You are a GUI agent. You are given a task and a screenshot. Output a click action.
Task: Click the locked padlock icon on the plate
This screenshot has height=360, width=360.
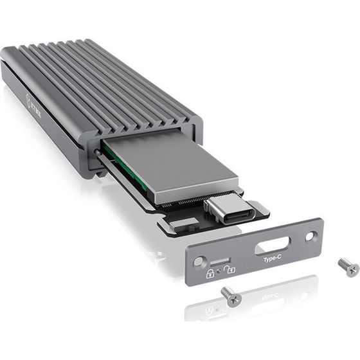click(210, 274)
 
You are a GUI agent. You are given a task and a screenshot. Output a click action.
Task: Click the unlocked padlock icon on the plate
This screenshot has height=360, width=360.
click(229, 269)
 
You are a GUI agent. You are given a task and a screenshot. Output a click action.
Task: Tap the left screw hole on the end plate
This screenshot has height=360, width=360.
click(199, 264)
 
